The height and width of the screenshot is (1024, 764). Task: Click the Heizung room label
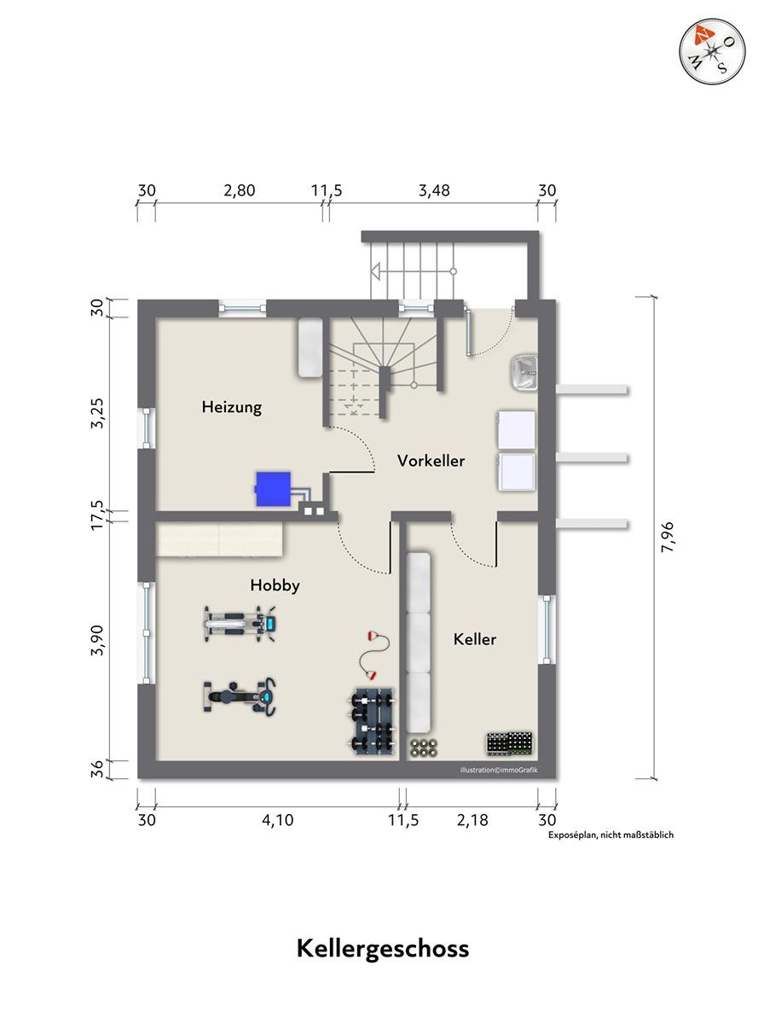[x=232, y=407]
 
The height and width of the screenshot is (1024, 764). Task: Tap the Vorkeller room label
[x=431, y=461]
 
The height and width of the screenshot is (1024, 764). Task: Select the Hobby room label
[x=275, y=585]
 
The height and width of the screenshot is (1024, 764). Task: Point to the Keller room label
[x=475, y=639]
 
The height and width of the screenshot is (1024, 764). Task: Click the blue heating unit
[x=273, y=489]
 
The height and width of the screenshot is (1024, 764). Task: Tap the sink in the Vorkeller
[x=524, y=373]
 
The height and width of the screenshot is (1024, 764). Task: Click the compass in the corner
[x=712, y=52]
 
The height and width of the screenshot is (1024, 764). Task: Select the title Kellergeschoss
[x=383, y=949]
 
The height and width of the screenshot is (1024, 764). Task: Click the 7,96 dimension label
[x=667, y=537]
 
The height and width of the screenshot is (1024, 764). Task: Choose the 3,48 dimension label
[x=434, y=190]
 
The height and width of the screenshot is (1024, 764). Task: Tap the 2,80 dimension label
[x=239, y=190]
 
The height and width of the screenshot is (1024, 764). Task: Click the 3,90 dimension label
[x=97, y=640]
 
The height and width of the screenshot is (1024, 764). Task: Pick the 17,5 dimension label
[x=97, y=515]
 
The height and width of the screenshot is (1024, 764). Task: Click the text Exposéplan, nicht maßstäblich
[x=611, y=835]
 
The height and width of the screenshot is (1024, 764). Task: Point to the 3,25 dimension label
[x=97, y=413]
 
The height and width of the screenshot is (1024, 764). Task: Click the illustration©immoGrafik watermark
[x=498, y=770]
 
